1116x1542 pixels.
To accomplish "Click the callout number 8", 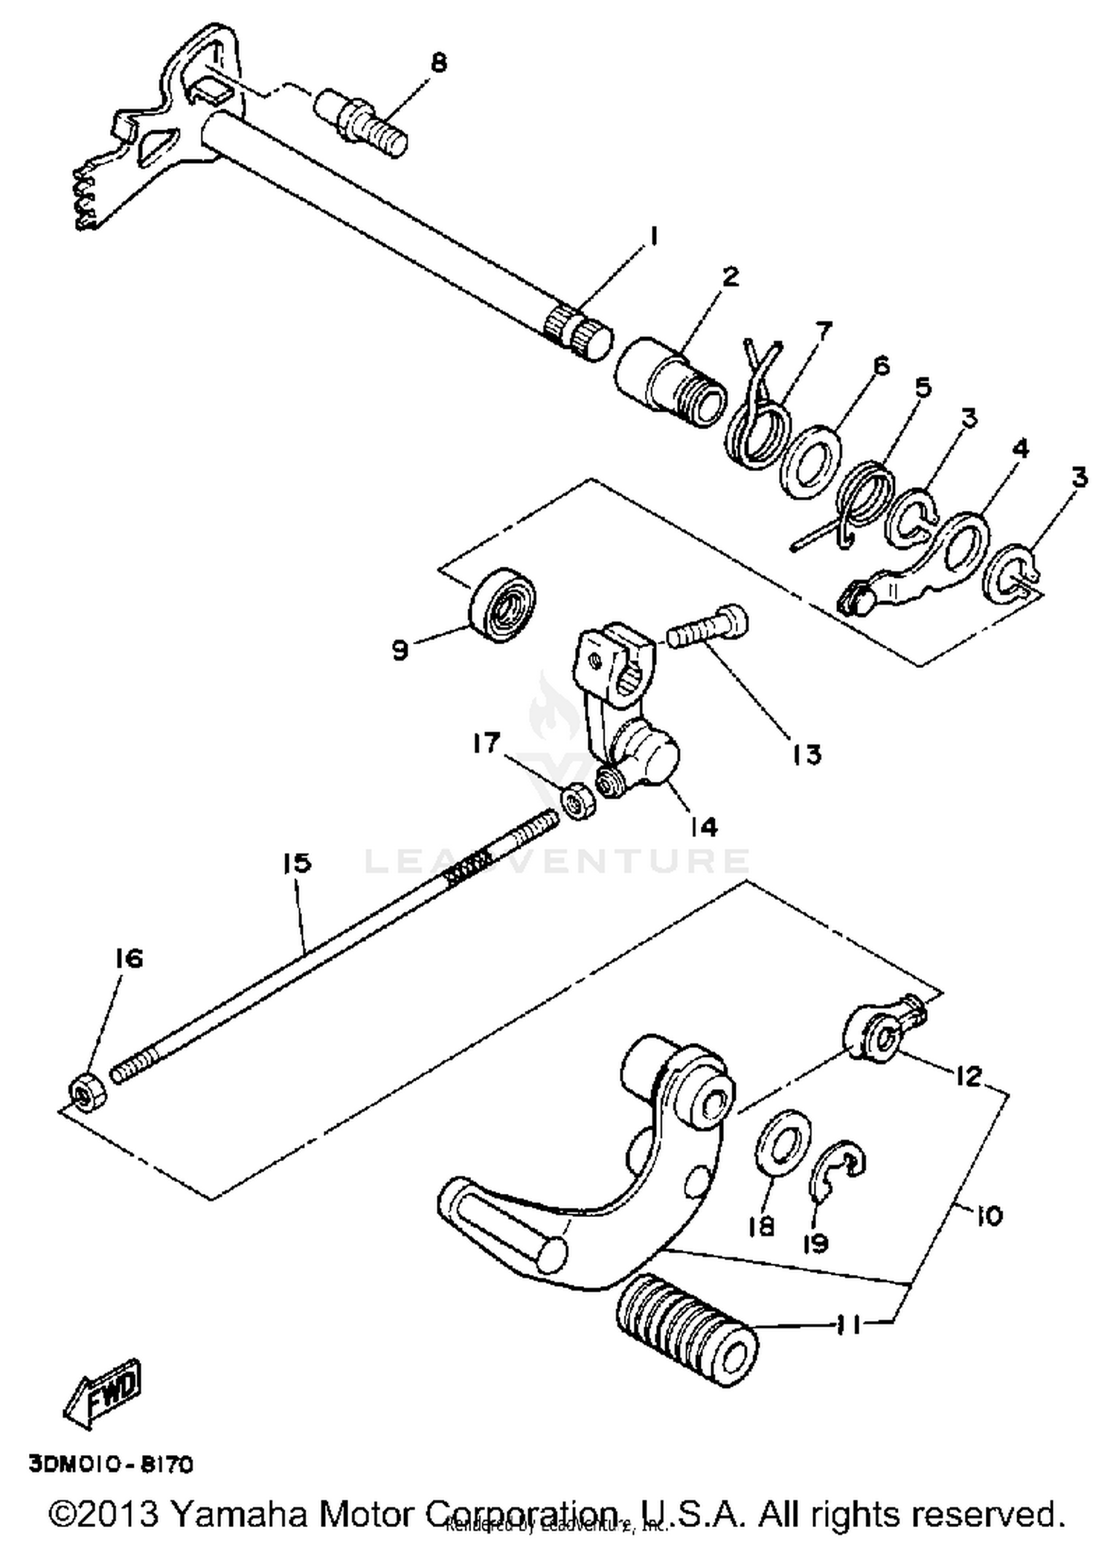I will coord(439,62).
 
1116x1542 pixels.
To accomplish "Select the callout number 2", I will coord(731,277).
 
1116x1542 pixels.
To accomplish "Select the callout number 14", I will coord(703,826).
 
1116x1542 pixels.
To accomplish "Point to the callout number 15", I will coord(296,863).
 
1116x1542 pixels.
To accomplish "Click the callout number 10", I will coord(988,1215).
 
